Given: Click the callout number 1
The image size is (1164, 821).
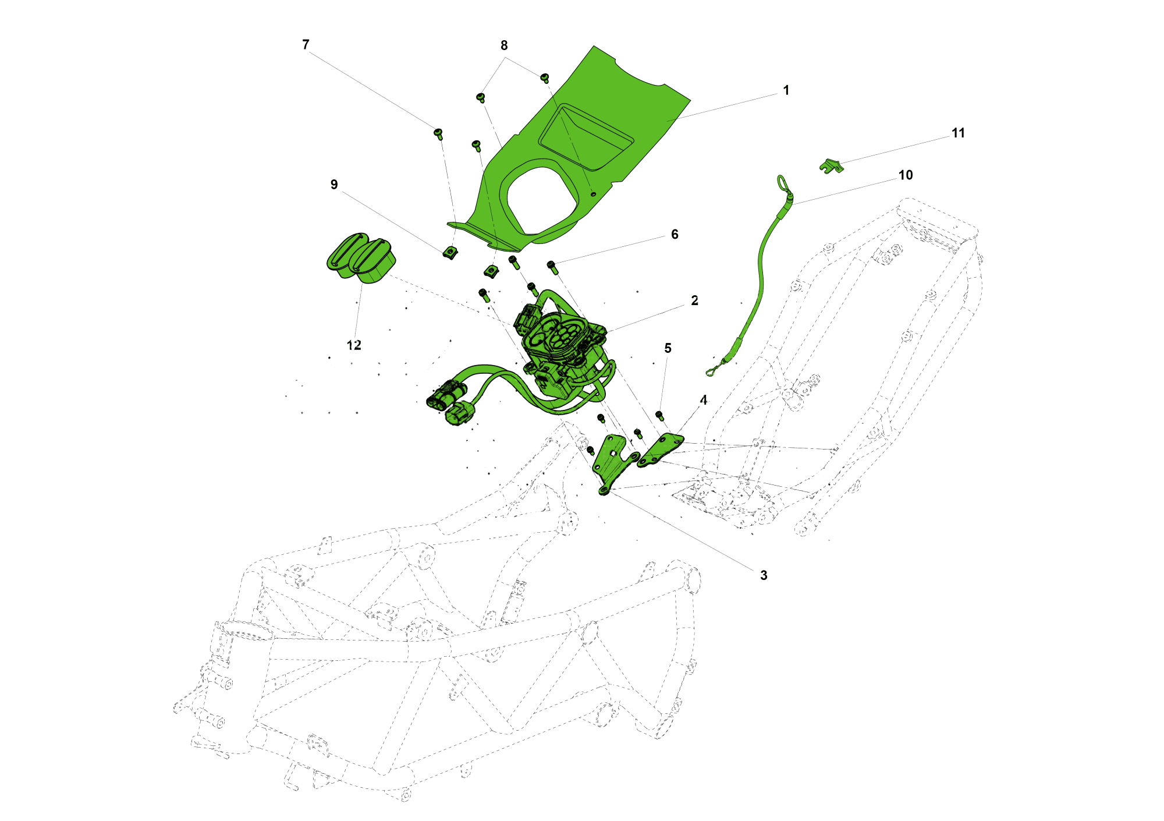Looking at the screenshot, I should (786, 91).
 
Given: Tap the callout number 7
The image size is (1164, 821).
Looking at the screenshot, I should (306, 45).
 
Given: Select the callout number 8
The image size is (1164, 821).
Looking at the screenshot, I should (504, 45).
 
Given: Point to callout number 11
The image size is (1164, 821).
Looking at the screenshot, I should (958, 133).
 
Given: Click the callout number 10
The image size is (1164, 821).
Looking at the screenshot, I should (906, 175).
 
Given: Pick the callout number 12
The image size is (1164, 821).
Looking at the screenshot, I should (354, 345).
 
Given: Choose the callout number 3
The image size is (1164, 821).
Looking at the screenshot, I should (764, 575).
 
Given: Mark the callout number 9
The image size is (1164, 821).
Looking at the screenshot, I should (334, 185).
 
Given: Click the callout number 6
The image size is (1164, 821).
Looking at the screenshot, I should (675, 234).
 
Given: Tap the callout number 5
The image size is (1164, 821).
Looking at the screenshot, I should (668, 348).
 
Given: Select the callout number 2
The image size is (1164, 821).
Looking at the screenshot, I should (694, 300).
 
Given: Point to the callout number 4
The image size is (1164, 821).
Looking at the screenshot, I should (704, 400).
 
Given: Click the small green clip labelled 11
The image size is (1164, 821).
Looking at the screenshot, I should (831, 166).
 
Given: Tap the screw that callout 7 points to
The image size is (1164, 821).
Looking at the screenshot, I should (439, 134).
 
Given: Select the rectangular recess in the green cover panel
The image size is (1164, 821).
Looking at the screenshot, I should (585, 137).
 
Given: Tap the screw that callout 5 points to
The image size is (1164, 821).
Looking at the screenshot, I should (659, 415).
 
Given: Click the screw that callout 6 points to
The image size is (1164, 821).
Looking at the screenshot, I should (552, 267).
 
